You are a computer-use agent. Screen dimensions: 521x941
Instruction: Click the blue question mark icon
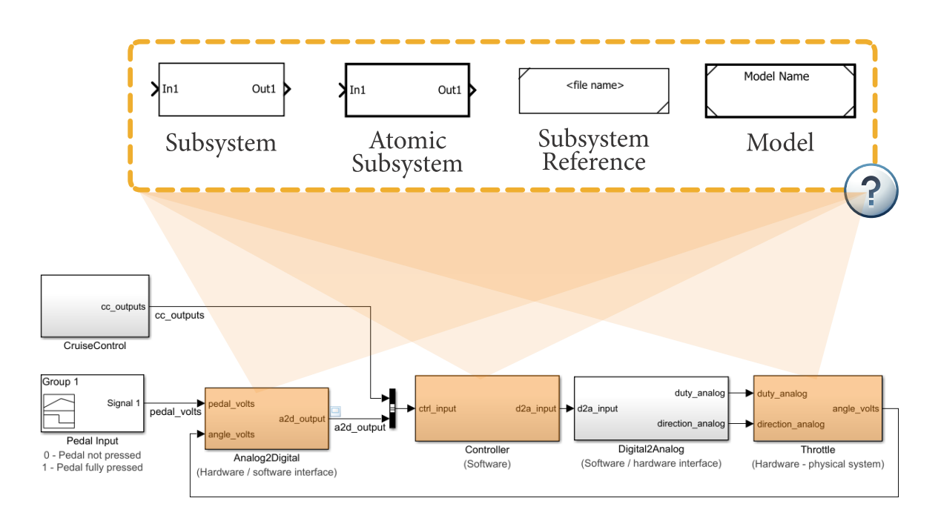tap(871, 191)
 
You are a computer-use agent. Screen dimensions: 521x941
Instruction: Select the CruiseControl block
tap(95, 306)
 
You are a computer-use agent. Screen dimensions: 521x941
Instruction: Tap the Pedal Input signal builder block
tap(92, 403)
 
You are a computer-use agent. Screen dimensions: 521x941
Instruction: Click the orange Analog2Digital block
tap(266, 418)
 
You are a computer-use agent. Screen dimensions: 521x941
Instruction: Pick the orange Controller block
tap(486, 408)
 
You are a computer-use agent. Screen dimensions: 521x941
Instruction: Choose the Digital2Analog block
tap(650, 408)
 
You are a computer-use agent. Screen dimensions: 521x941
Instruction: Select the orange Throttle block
tap(817, 408)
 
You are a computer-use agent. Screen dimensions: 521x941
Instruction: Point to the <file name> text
tap(595, 85)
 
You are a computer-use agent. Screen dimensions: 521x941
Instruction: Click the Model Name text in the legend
tap(776, 76)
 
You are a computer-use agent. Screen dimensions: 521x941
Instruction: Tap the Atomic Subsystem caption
tap(407, 152)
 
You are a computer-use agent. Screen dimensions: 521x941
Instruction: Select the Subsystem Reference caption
tap(593, 150)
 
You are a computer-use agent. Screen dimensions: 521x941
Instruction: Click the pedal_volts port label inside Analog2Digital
tap(232, 404)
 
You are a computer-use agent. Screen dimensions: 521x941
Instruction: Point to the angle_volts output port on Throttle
tap(856, 408)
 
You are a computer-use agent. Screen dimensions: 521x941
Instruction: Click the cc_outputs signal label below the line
tap(179, 316)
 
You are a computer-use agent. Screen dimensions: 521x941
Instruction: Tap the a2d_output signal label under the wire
tap(360, 428)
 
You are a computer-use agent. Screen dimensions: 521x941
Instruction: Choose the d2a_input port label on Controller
tap(535, 408)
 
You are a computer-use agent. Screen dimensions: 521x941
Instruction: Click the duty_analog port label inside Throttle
tap(782, 394)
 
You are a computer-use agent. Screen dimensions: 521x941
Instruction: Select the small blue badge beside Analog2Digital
tap(334, 411)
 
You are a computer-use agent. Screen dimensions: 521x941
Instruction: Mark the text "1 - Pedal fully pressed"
tap(93, 468)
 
